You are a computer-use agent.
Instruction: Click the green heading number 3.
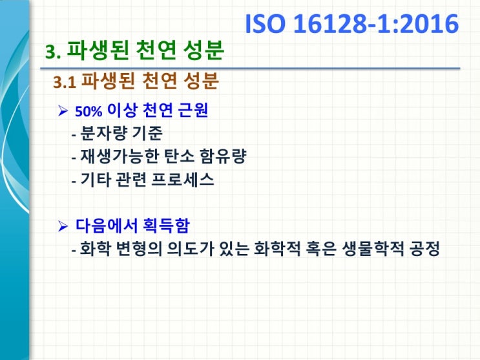coord(54,51)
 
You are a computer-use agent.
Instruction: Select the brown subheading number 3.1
coord(65,83)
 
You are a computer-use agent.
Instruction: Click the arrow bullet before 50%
coord(63,111)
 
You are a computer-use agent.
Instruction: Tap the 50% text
coord(87,111)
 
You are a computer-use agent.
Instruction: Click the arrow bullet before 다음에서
coord(63,226)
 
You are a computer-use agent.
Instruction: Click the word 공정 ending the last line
coord(423,249)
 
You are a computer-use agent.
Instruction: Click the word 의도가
coord(179,249)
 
